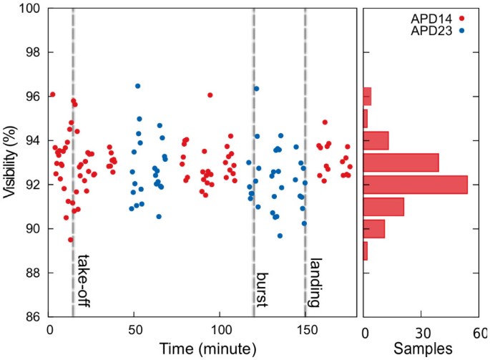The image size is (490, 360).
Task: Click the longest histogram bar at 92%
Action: pos(415,185)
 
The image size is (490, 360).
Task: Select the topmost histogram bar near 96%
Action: pos(368,96)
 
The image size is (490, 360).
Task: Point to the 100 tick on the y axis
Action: pos(29,9)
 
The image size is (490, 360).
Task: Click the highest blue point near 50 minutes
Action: pos(137,87)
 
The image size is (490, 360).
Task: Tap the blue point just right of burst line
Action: pos(256,89)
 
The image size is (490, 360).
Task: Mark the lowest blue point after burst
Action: pos(280,235)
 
